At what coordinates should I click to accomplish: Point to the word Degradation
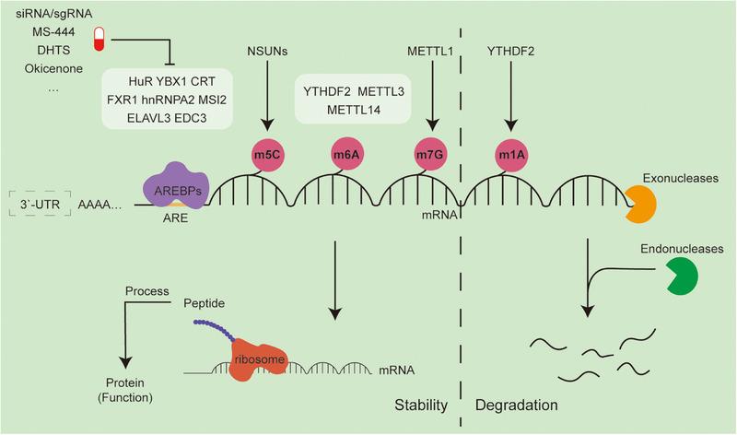[x=517, y=406]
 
